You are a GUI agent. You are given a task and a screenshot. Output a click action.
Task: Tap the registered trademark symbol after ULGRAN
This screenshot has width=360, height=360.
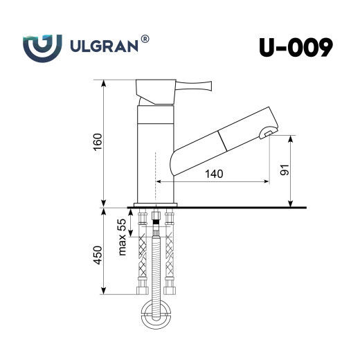145,39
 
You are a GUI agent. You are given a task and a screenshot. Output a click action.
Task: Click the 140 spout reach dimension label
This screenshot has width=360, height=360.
214,174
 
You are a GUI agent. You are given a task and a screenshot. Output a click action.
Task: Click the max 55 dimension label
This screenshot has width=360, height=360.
122,236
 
